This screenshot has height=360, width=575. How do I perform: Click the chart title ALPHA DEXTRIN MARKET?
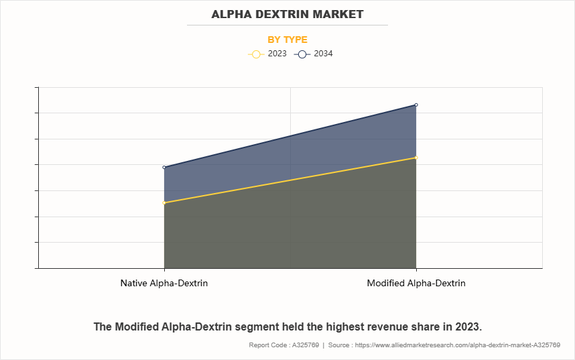point(287,13)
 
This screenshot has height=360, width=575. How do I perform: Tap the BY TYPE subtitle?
point(287,40)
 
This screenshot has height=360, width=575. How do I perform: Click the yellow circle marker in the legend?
point(255,54)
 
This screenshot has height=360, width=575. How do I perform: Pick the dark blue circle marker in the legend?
point(302,54)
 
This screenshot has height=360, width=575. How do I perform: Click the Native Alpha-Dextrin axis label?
point(164,284)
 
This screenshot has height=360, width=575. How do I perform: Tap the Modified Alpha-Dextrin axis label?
point(416,284)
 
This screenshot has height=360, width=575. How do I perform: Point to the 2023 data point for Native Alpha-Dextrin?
point(164,202)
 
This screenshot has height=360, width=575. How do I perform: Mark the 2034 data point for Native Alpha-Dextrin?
point(164,167)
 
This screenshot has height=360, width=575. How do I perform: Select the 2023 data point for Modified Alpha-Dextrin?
point(416,158)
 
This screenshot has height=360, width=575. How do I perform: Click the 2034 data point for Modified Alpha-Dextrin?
point(416,105)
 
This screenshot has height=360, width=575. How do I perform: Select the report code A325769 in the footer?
point(304,345)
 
